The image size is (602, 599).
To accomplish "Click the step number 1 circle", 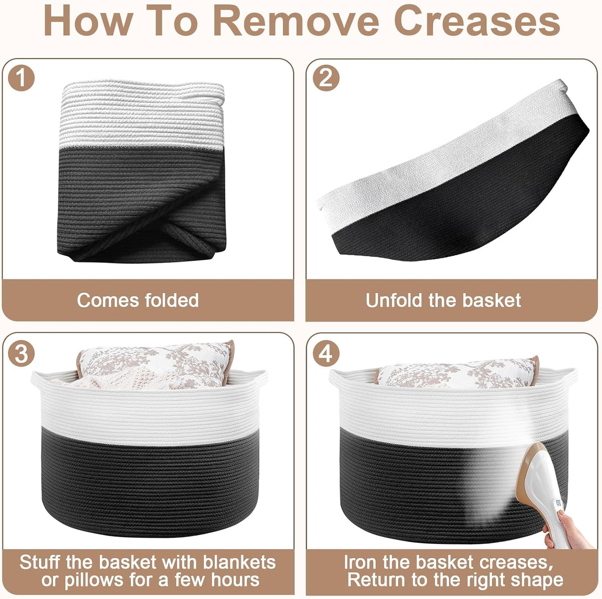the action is pos(21,78).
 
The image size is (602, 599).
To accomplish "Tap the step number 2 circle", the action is pos(326,78).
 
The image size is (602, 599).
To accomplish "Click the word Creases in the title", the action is pos(477,21).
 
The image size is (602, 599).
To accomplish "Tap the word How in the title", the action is pos(88,21).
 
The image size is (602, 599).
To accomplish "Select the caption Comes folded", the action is pos(138,301).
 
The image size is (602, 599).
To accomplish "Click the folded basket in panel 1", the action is pos(141,171).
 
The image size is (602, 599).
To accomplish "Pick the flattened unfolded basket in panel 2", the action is pos(453,171).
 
